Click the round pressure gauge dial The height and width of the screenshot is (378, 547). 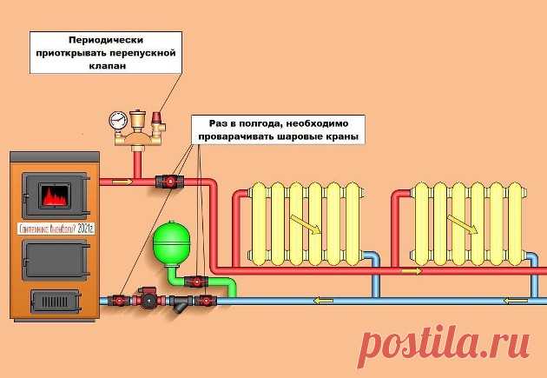[x=116, y=120]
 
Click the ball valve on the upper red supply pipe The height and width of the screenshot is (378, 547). [x=165, y=182]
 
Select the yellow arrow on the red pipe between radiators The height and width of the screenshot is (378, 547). [x=412, y=271]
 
